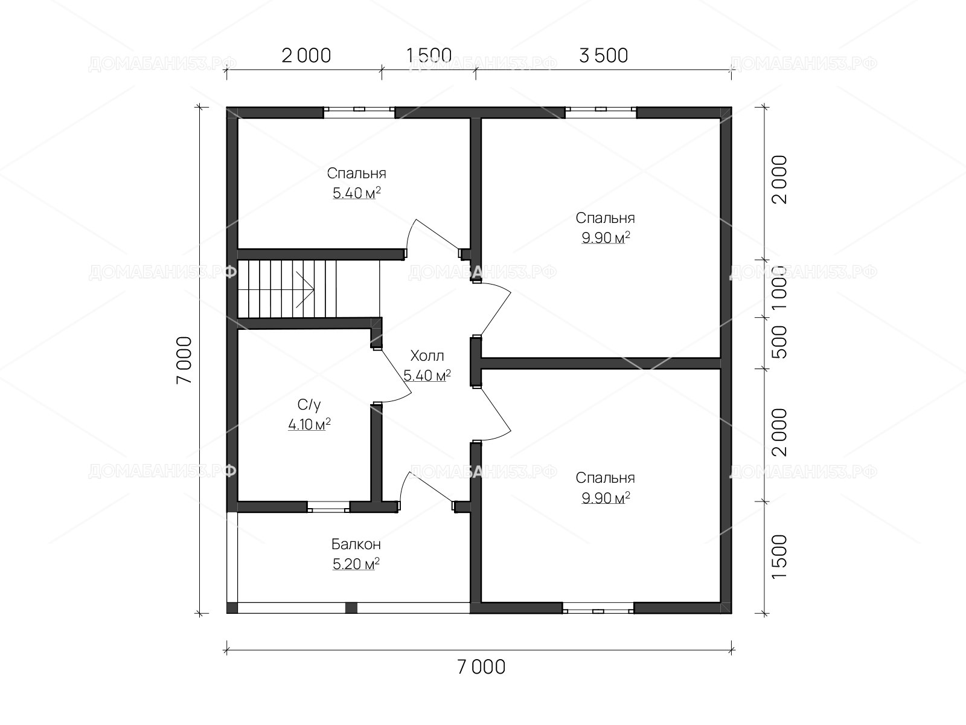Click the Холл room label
coord(427,355)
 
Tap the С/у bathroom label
coord(309,405)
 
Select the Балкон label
coord(356,544)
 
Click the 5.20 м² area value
coord(356,564)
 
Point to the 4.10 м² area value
coord(309,424)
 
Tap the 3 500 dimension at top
coord(603,56)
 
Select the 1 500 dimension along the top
coord(429,56)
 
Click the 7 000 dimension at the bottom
coord(481,668)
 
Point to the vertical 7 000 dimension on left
coord(184,360)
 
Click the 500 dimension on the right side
coord(779,342)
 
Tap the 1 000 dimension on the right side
coord(779,288)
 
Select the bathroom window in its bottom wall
coord(328,507)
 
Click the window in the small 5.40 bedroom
coord(359,112)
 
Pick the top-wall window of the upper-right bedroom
coord(601,112)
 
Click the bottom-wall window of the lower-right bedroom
coord(598,608)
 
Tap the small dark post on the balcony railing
coord(351,608)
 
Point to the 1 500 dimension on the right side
coord(779,557)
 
